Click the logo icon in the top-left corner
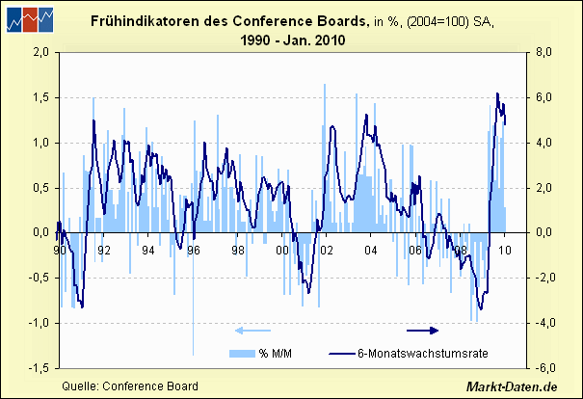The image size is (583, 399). pyautogui.click(x=29, y=20)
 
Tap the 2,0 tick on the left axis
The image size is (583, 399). pyautogui.click(x=40, y=52)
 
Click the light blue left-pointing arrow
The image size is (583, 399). pyautogui.click(x=252, y=331)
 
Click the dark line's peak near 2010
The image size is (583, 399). pyautogui.click(x=497, y=94)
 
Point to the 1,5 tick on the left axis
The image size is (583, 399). pyautogui.click(x=40, y=97)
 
